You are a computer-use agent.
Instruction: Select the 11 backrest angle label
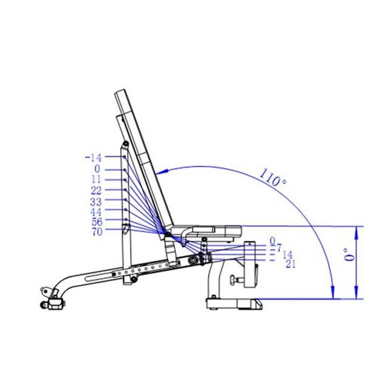97,180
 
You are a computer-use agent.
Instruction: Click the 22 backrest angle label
96,191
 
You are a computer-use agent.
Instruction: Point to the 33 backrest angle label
96,202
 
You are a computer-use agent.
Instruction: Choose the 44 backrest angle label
96,212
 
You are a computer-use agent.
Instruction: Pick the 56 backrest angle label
97,222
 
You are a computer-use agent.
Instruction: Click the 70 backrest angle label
97,232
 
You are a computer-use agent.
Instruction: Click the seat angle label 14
288,255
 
